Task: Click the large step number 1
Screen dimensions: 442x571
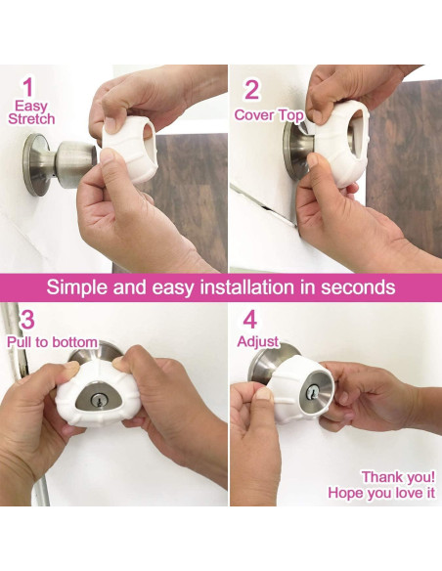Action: (28, 88)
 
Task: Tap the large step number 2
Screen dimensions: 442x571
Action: (251, 90)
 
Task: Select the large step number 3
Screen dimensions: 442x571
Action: (27, 320)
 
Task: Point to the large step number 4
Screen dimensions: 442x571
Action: (249, 320)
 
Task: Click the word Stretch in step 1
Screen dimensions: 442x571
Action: (31, 118)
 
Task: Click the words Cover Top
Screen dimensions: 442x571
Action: (269, 115)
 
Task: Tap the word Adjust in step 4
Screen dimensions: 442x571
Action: (258, 342)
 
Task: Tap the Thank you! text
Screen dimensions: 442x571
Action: (398, 477)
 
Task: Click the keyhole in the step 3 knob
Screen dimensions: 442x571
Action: (98, 401)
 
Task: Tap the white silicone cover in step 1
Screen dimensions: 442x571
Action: (130, 149)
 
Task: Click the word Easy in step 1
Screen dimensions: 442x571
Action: (31, 106)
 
